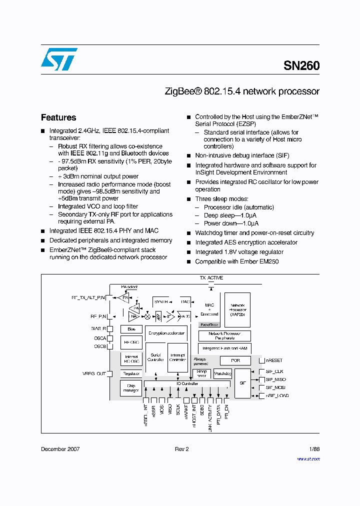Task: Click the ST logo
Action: click(59, 59)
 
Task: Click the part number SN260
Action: click(301, 65)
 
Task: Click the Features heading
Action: click(58, 117)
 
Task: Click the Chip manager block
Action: click(131, 387)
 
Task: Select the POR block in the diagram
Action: click(235, 360)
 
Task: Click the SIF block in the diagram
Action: click(242, 383)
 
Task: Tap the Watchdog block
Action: click(222, 373)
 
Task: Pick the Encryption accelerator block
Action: click(165, 332)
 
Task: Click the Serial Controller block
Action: click(155, 357)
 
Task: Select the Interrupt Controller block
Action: click(177, 357)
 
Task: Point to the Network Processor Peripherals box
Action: click(224, 335)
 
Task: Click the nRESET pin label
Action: click(274, 360)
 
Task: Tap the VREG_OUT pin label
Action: click(94, 373)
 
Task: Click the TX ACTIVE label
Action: click(211, 278)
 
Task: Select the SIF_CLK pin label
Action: click(274, 371)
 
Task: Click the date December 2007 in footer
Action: click(60, 449)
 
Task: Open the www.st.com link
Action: click(308, 459)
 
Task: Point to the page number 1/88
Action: click(313, 449)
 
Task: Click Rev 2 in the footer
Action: click(181, 449)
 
